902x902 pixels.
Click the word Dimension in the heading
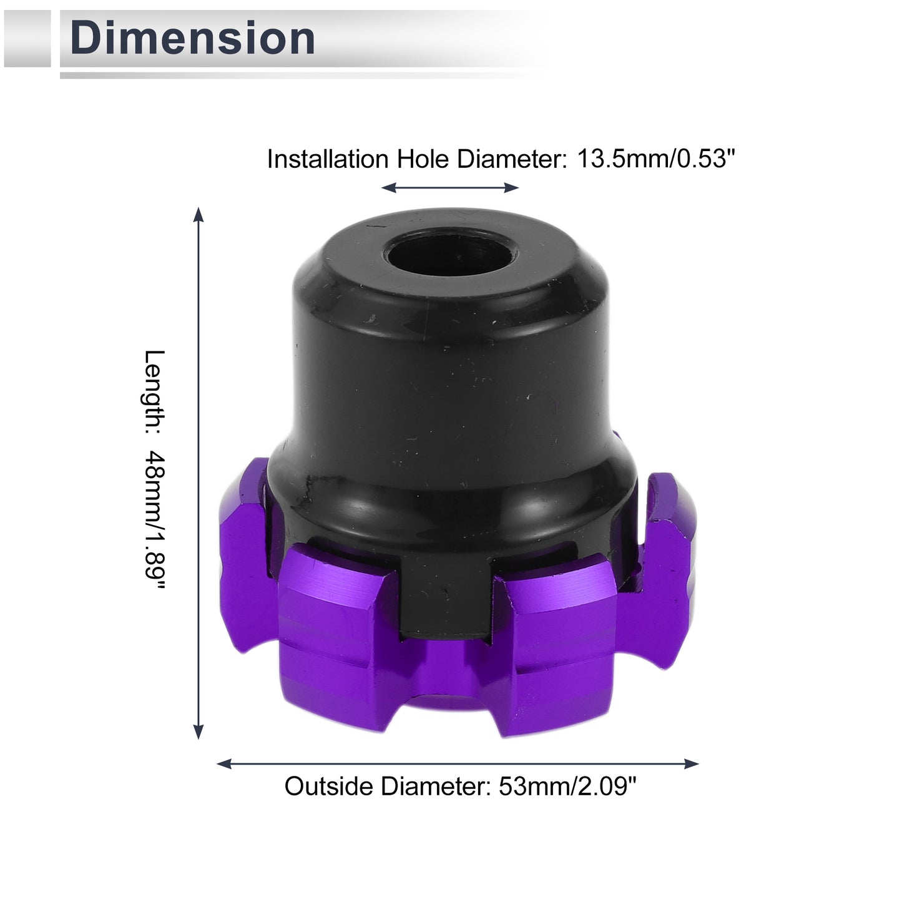192,38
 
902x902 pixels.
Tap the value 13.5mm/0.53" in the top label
656,159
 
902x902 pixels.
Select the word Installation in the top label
328,159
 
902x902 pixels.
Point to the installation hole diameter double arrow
450,188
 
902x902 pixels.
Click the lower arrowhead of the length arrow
199,731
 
